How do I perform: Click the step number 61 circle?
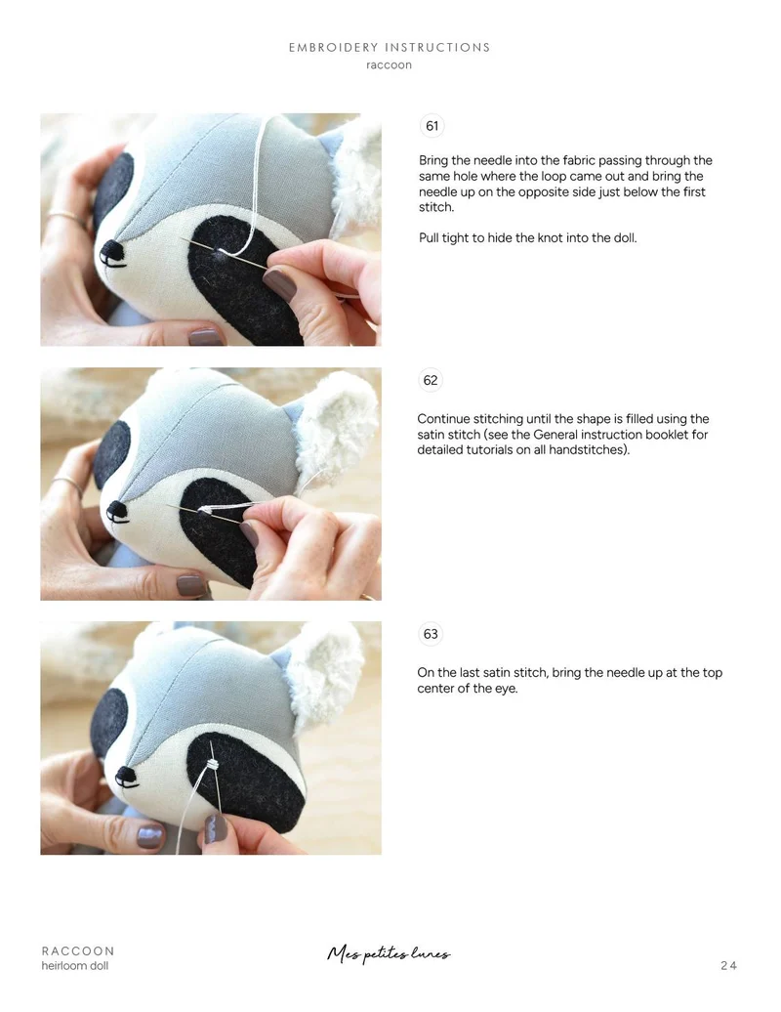click(x=432, y=126)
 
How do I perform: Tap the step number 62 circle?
click(x=431, y=380)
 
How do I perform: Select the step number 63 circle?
click(x=431, y=634)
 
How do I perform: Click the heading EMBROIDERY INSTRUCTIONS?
click(x=390, y=47)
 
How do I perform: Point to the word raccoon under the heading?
click(x=389, y=64)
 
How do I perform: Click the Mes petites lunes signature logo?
click(x=389, y=953)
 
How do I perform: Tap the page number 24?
click(x=728, y=965)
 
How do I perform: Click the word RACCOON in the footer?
click(x=78, y=950)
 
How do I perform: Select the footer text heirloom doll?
click(x=75, y=965)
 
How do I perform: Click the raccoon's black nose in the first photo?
click(x=113, y=250)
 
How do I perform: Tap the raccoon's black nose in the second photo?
click(x=117, y=510)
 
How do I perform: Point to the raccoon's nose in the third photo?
click(x=126, y=775)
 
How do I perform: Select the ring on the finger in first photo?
click(x=64, y=217)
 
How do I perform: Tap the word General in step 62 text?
click(x=557, y=435)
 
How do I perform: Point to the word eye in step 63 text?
click(x=505, y=689)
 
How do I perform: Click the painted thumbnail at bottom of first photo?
click(x=205, y=337)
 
